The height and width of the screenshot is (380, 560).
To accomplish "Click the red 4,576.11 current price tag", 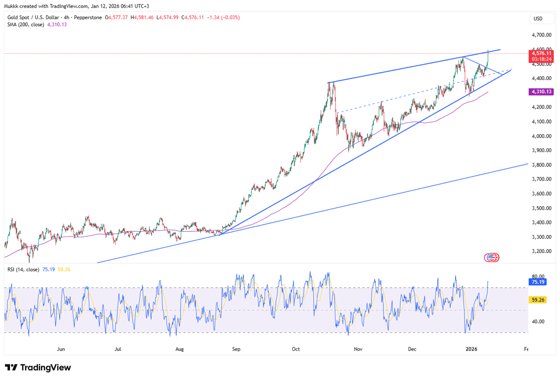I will tap(541, 53).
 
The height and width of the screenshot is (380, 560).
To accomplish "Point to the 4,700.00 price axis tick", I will tap(540, 35).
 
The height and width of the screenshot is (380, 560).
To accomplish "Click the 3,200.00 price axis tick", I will tap(540, 251).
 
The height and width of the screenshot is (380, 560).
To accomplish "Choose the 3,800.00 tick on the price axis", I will tap(540, 165).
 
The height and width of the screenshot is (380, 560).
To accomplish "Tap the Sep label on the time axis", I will tap(236, 349).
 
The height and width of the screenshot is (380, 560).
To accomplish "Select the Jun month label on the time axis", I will tap(61, 349).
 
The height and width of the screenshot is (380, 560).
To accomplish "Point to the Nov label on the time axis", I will tap(358, 349).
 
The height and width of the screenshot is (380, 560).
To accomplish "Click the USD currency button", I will tap(538, 19).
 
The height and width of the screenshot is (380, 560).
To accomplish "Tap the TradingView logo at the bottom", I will tap(38, 367).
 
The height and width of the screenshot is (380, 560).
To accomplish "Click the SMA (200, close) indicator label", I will tap(26, 24).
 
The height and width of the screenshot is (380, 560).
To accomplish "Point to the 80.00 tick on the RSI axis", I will tap(538, 276).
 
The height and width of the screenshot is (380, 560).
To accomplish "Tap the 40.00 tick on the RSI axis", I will tap(538, 322).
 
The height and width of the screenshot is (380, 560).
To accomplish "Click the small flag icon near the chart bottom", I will tap(492, 257).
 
